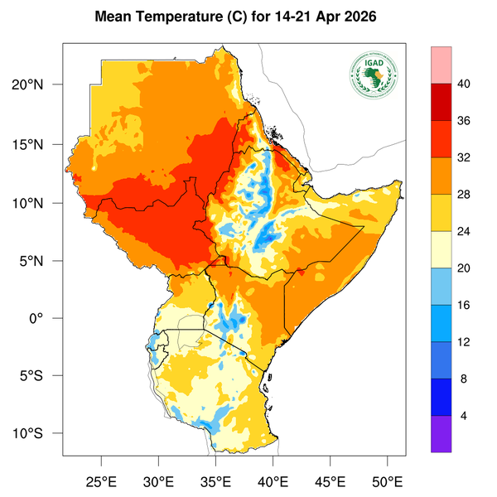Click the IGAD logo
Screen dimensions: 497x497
(x=374, y=77)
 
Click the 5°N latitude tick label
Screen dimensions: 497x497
(x=41, y=261)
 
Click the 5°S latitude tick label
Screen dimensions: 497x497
(x=41, y=376)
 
